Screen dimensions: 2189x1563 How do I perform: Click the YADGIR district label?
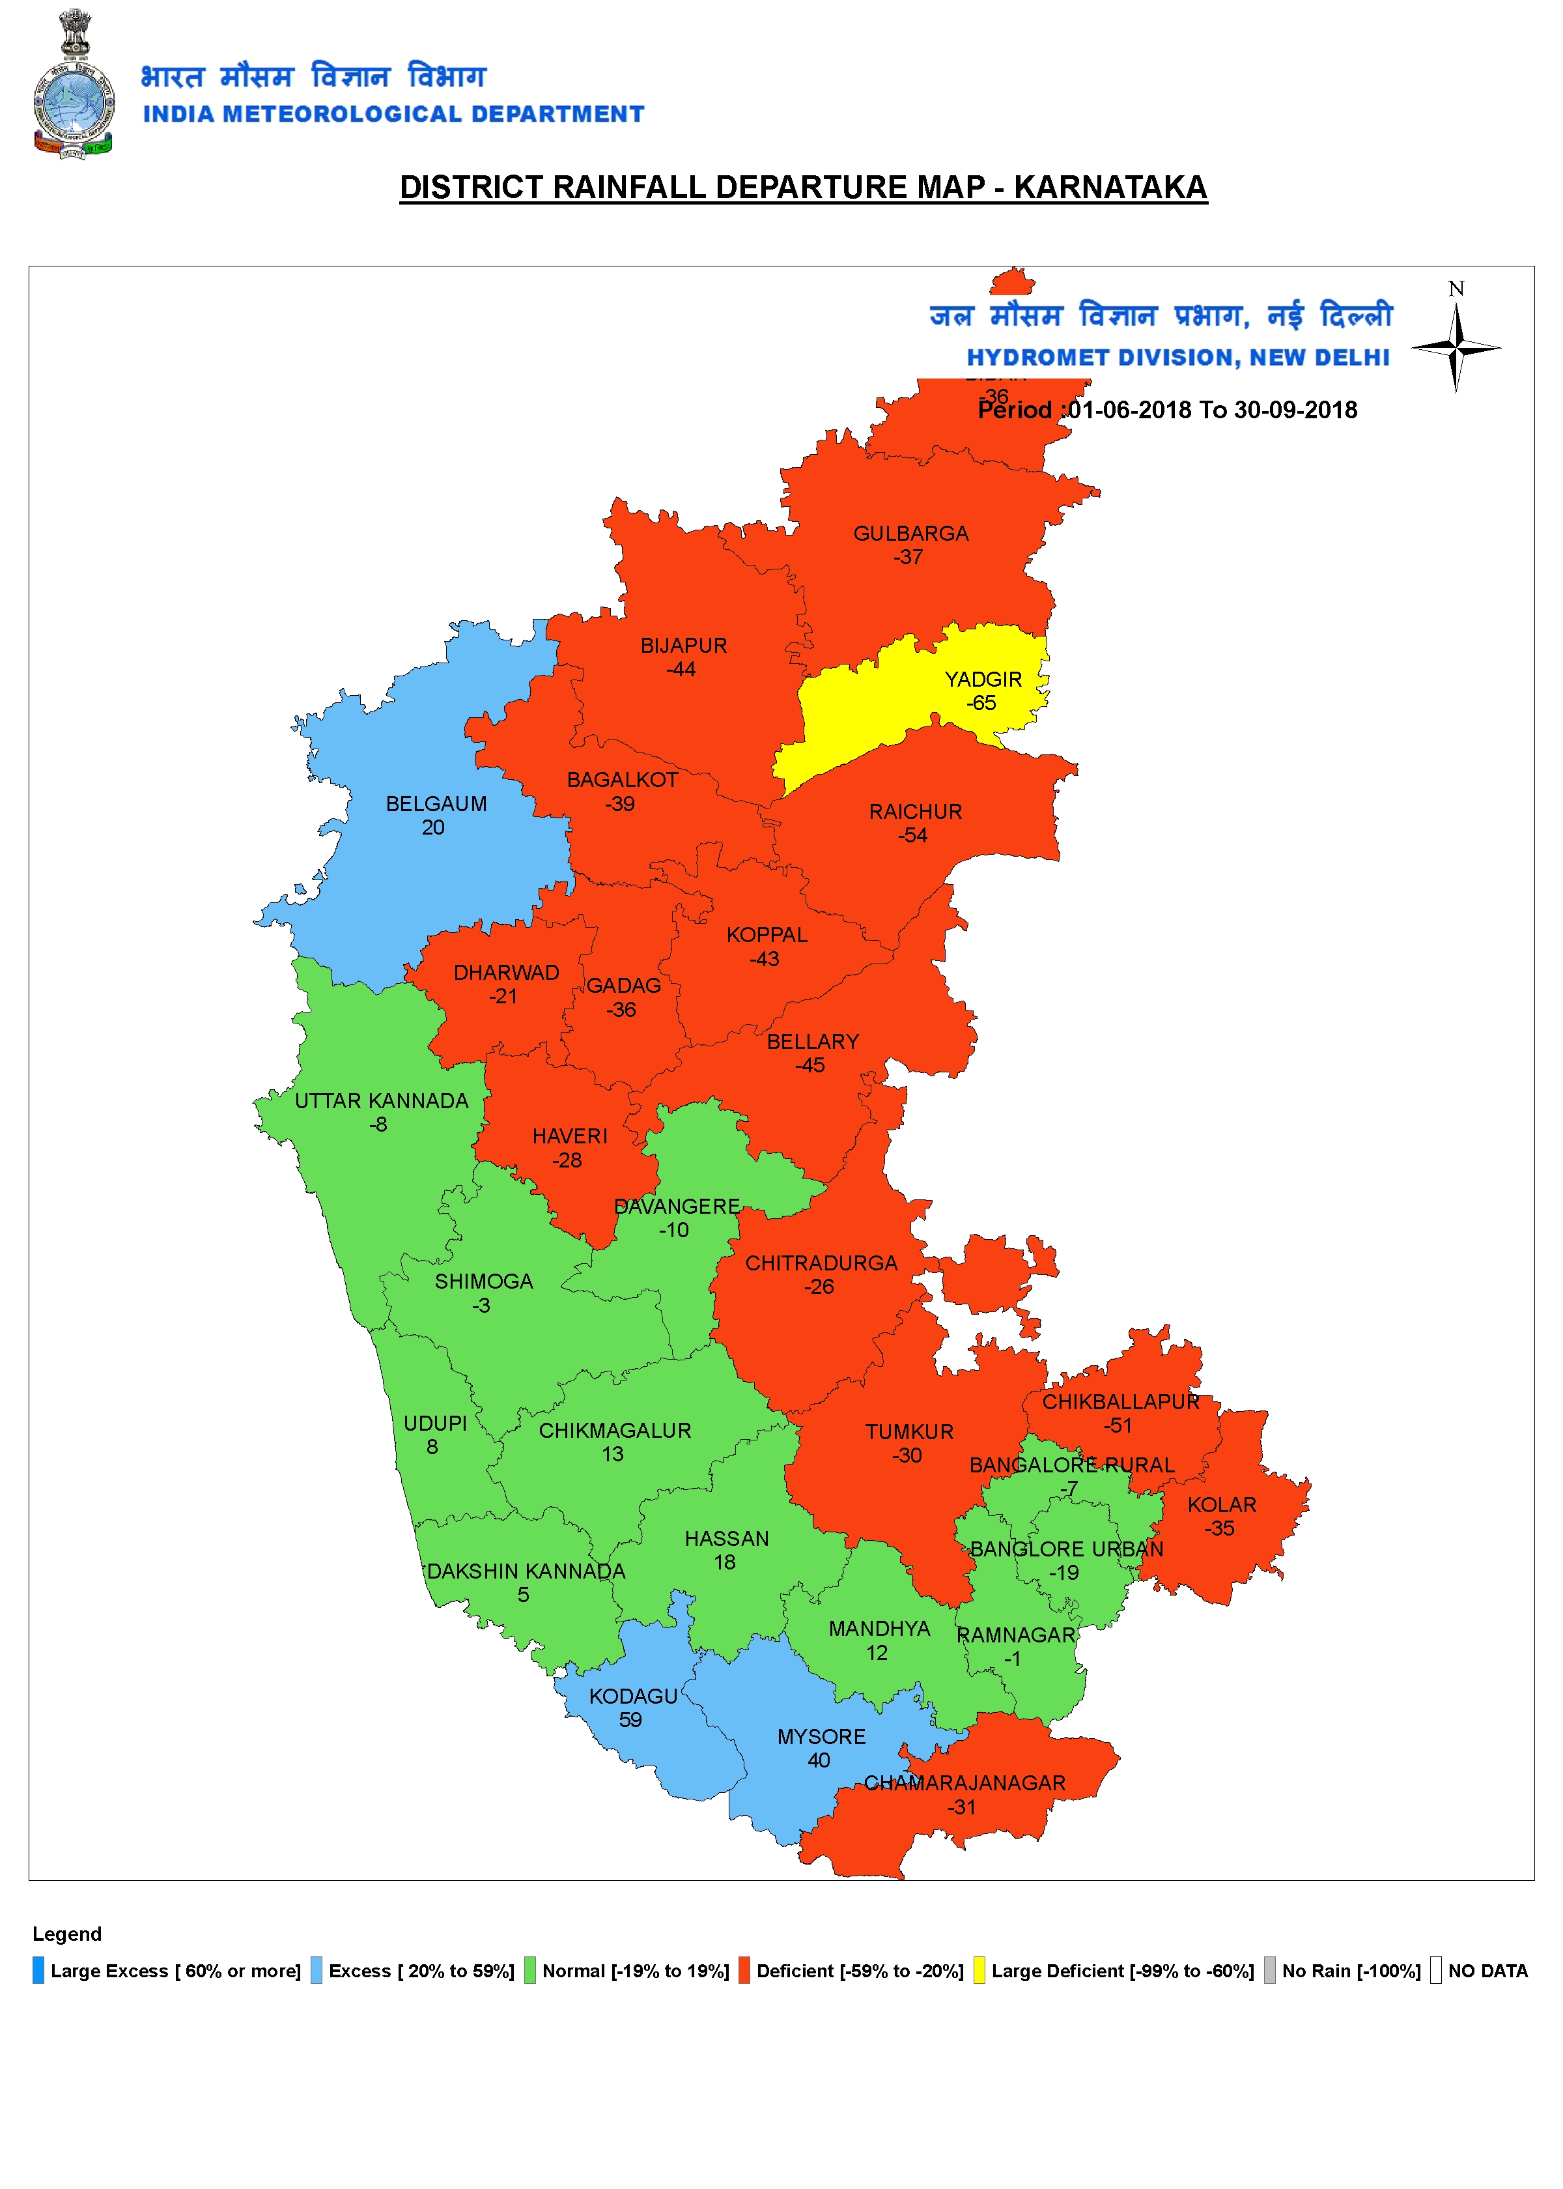click(x=983, y=680)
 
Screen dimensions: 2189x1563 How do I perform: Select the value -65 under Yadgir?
click(x=981, y=704)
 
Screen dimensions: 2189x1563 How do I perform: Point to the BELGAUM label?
click(x=436, y=804)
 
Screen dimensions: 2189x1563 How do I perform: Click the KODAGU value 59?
click(x=630, y=1720)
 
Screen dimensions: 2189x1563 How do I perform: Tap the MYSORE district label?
click(x=821, y=1737)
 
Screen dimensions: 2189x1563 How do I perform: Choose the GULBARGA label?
click(x=910, y=534)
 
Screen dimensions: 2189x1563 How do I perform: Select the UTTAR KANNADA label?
click(x=381, y=1101)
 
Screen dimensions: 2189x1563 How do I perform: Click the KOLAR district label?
click(x=1221, y=1504)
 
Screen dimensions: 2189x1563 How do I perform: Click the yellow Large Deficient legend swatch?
click(x=979, y=1971)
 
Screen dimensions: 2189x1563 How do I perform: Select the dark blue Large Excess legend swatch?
click(x=38, y=1971)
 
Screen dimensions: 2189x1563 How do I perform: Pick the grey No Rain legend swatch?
click(x=1269, y=1971)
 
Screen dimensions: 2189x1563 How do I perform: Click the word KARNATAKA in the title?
click(x=1110, y=188)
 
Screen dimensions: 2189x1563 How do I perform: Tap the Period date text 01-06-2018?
click(x=1130, y=410)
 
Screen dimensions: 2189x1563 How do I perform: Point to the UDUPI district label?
click(x=435, y=1424)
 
